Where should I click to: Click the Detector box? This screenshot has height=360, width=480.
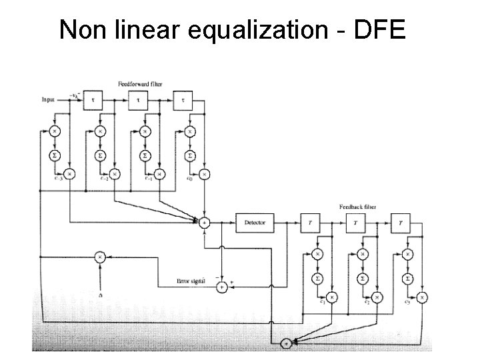[x=255, y=223]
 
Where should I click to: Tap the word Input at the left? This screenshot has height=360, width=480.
[x=48, y=99]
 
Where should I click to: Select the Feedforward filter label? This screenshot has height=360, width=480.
[x=140, y=84]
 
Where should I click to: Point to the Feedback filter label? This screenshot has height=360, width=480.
[x=357, y=207]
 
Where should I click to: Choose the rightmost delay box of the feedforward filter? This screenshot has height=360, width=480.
[x=183, y=99]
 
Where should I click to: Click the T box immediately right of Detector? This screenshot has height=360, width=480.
[x=310, y=223]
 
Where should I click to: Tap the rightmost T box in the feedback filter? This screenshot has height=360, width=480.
[x=401, y=223]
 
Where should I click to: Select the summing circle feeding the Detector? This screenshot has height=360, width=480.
[x=205, y=222]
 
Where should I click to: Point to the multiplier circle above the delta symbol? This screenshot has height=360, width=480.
[x=99, y=255]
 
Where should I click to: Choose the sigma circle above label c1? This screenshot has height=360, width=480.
[x=319, y=277]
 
